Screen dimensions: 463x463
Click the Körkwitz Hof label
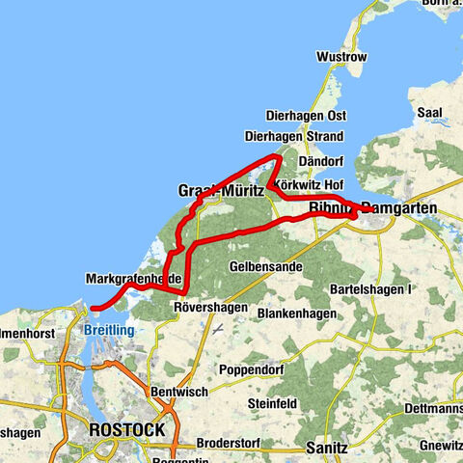[x=309, y=183]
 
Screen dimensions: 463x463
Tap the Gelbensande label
[x=261, y=264]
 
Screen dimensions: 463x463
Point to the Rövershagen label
[x=204, y=308]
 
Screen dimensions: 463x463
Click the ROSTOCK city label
[x=125, y=428]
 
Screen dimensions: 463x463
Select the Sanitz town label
[x=326, y=421]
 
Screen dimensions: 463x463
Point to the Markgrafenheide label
[x=134, y=278]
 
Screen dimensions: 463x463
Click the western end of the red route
[x=94, y=309]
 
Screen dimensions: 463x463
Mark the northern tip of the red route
[x=278, y=155]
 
